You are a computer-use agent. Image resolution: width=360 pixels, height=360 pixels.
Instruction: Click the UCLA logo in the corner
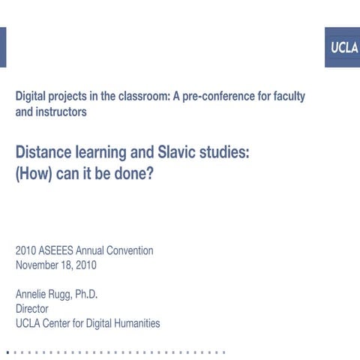pos(341,48)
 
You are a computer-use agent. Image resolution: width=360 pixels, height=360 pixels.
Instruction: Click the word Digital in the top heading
pos(33,97)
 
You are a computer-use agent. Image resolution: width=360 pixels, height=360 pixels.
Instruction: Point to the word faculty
pos(286,97)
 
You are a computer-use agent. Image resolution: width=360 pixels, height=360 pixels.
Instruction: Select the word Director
pos(32,308)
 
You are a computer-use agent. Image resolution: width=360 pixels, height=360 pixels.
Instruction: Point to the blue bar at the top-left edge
pos(2,46)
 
